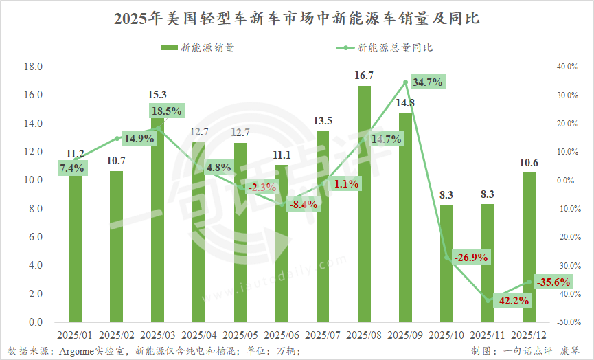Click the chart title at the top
pos(297,19)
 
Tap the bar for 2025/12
pos(529,247)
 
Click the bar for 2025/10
pos(446,264)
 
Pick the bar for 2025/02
pos(117,247)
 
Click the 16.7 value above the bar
pos(364,76)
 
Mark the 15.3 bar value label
pos(158,95)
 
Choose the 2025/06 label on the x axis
pos(282,335)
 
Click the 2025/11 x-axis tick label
pos(488,335)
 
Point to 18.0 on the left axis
pos(33,67)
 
